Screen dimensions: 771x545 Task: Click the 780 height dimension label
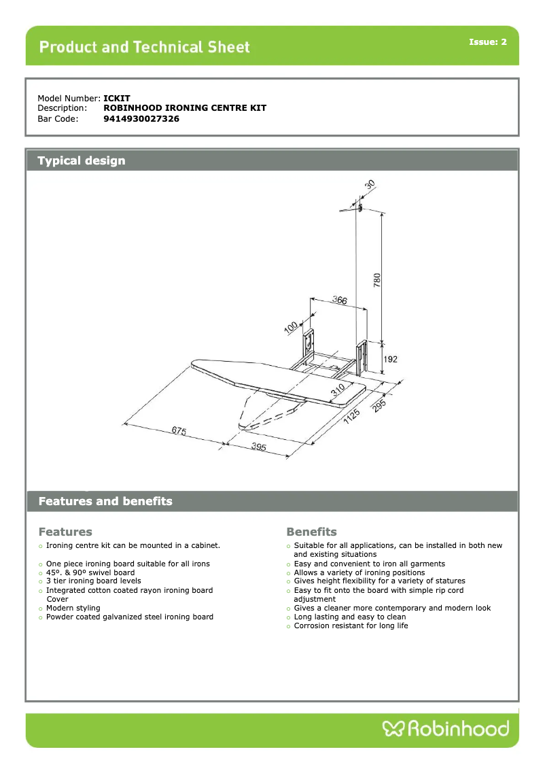[x=377, y=279]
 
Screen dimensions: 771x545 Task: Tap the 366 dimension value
[x=340, y=300]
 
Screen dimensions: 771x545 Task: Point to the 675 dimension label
[x=179, y=432]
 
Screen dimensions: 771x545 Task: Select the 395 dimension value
[x=258, y=447]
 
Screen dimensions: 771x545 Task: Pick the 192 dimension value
[x=391, y=359]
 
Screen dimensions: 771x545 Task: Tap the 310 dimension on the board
[x=337, y=390]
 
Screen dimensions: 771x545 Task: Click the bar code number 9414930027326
[x=141, y=118]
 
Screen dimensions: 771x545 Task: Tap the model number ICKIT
[x=117, y=99]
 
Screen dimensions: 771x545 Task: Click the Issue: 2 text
[x=487, y=42]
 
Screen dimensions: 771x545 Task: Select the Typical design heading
[x=82, y=161]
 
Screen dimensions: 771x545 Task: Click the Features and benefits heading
[x=105, y=502]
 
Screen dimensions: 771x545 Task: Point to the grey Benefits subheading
[x=311, y=532]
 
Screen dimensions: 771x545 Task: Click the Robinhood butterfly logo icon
[x=393, y=730]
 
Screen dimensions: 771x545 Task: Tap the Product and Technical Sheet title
[x=145, y=47]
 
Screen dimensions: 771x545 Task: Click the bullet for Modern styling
[x=41, y=609]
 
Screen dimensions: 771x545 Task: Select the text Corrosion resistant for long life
[x=351, y=626]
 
